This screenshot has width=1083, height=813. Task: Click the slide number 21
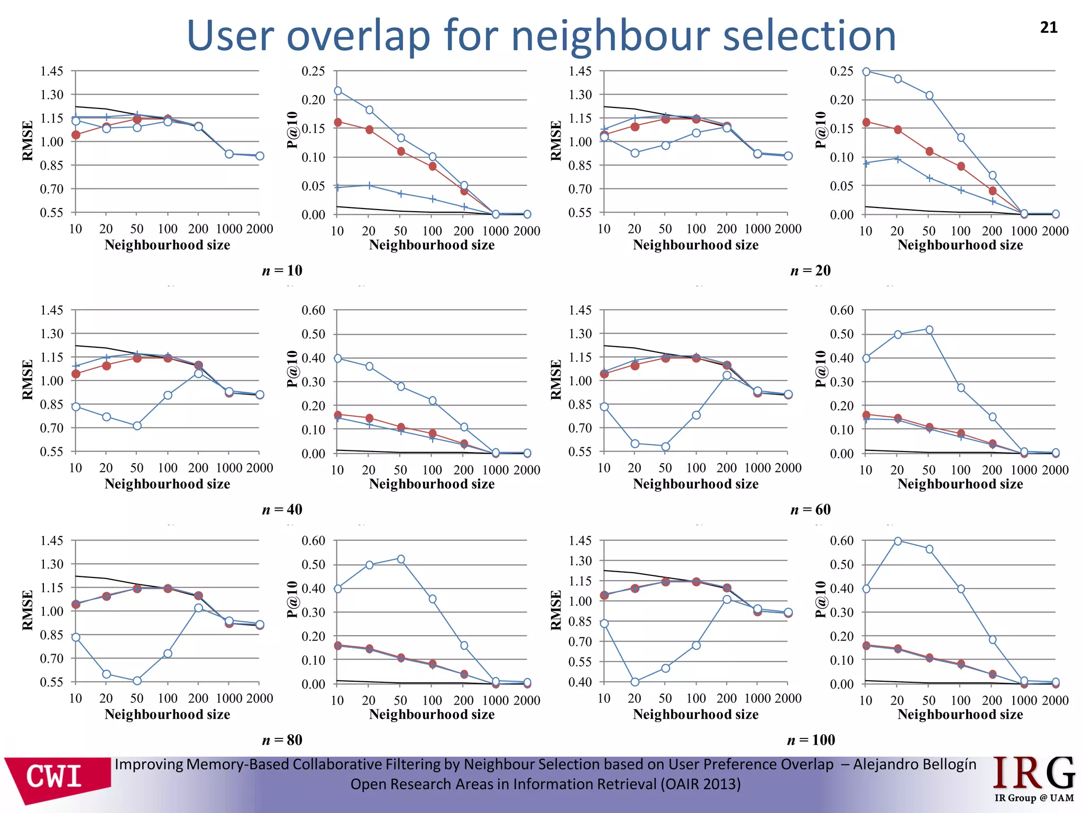pos(1049,28)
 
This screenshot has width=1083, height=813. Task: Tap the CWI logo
pos(56,778)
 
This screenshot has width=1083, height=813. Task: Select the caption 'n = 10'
pos(282,270)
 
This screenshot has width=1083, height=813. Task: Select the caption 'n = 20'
pos(810,270)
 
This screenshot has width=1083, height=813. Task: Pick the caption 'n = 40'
pos(282,509)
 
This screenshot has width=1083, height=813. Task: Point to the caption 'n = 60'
pos(810,509)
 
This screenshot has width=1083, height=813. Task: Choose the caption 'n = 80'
pos(282,739)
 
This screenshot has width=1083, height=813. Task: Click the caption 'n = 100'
pos(811,739)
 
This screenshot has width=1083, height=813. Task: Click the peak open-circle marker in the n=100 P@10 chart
pos(897,541)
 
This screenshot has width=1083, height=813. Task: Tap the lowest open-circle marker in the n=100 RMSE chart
pos(635,682)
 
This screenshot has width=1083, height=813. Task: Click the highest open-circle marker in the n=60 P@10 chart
pos(929,330)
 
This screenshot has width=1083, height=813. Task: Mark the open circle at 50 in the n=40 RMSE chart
pos(137,426)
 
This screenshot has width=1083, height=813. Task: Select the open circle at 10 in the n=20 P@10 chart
pos(866,71)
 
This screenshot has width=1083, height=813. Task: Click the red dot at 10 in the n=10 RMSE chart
pos(76,135)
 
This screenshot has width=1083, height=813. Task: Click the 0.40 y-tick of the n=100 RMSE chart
pos(580,682)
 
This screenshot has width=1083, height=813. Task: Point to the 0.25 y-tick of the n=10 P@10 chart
pos(313,71)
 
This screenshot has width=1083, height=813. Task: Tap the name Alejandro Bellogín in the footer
pos(914,764)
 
